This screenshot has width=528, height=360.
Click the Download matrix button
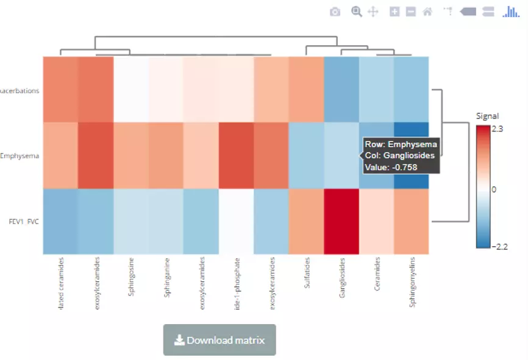pyautogui.click(x=219, y=340)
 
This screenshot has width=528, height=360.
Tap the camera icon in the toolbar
pyautogui.click(x=335, y=12)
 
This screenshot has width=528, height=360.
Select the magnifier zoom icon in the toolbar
pyautogui.click(x=356, y=12)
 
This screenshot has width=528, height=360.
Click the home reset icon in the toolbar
pyautogui.click(x=427, y=12)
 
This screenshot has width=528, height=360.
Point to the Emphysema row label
pyautogui.click(x=20, y=156)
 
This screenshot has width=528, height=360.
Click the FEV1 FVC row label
pyautogui.click(x=24, y=222)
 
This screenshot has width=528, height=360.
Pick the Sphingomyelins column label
pyautogui.click(x=412, y=283)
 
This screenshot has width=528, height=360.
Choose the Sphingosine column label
pyautogui.click(x=130, y=279)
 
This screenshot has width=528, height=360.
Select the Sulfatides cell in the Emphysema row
pyautogui.click(x=306, y=156)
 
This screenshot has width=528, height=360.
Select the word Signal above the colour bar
pyautogui.click(x=488, y=116)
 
